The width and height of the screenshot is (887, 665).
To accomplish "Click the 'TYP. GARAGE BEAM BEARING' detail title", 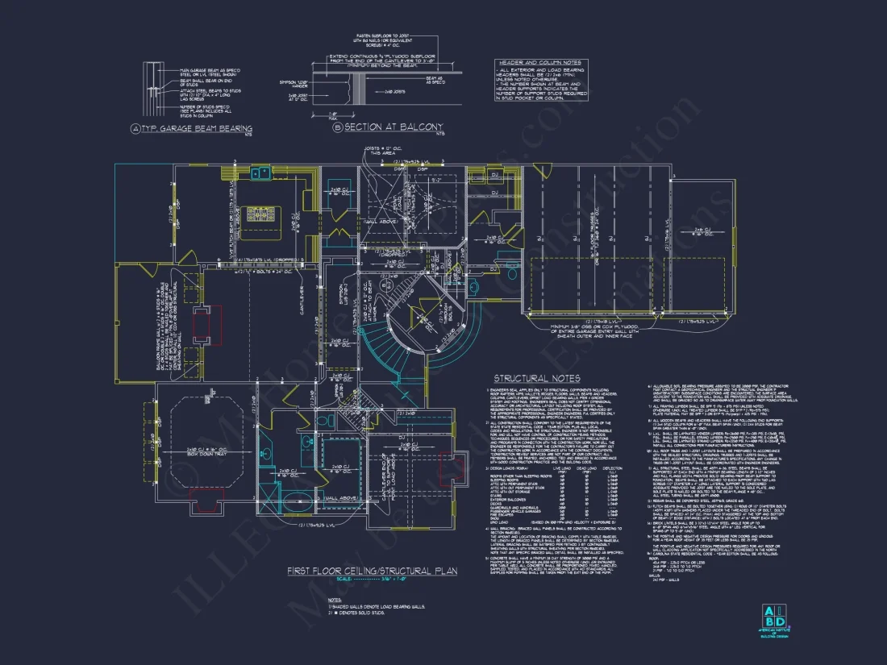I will [x=197, y=129].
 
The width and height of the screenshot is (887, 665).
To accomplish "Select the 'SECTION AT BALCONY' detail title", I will [x=393, y=127].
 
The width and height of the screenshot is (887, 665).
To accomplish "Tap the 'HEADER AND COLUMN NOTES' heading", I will [x=539, y=62].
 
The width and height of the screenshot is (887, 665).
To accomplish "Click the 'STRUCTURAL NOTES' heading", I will [x=537, y=378].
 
